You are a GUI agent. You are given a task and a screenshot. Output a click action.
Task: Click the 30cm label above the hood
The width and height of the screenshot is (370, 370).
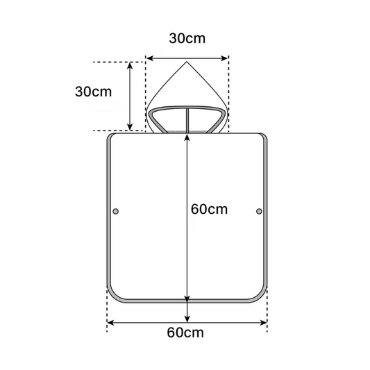click(187, 38)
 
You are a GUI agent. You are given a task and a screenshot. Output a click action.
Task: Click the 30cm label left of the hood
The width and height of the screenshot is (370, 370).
click(94, 92)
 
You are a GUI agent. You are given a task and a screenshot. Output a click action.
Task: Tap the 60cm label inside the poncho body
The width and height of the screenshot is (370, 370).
click(209, 209)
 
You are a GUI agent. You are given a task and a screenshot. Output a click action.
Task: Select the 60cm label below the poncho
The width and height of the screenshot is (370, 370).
click(185, 333)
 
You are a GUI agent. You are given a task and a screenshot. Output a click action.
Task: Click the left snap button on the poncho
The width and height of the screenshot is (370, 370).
click(116, 211)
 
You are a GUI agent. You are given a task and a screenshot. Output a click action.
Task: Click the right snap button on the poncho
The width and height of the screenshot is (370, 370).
click(259, 211)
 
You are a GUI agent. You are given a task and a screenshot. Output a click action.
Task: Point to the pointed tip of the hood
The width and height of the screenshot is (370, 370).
click(187, 62)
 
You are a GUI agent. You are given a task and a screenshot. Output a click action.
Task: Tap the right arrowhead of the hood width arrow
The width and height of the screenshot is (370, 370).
click(224, 58)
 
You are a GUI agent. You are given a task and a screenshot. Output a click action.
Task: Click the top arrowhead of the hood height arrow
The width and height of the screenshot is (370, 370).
click(130, 66)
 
